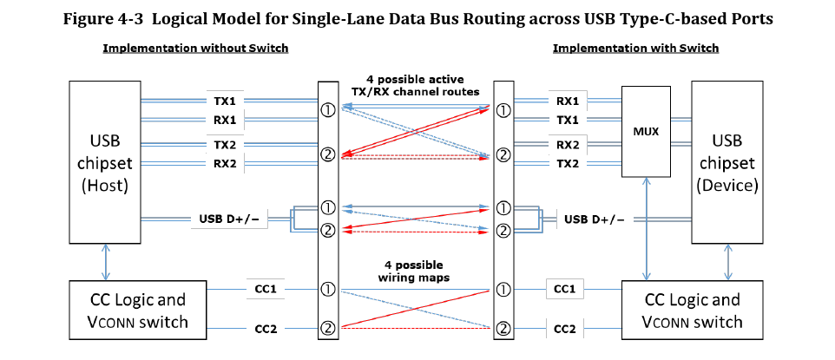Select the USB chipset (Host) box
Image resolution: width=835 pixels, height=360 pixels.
click(105, 162)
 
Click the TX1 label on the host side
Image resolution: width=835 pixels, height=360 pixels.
click(225, 101)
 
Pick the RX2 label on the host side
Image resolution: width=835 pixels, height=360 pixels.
click(225, 163)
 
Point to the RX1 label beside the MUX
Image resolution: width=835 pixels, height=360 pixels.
click(567, 101)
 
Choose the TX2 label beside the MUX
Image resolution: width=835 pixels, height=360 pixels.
click(567, 163)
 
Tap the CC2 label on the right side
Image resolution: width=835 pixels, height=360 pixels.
click(565, 330)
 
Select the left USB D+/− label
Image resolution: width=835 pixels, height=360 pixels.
click(229, 219)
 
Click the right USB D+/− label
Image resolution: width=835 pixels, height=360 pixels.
click(595, 219)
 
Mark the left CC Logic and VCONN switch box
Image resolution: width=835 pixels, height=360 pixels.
click(138, 310)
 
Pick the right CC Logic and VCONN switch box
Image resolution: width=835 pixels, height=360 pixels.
click(693, 310)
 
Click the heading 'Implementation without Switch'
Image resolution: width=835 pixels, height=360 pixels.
click(195, 49)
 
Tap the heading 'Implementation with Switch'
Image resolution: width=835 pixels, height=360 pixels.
click(636, 49)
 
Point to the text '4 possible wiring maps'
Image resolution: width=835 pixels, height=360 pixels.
click(413, 271)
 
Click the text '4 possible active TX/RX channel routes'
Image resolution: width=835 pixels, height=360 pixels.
click(415, 85)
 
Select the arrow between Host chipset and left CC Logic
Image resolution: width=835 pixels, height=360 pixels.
click(105, 263)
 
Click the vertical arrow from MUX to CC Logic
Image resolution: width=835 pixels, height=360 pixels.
click(647, 229)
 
